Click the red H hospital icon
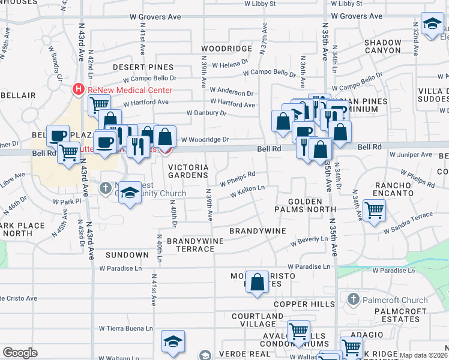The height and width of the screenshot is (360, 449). [78, 89]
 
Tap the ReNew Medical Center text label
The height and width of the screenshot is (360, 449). [130, 89]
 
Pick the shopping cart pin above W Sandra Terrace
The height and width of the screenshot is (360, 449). [374, 211]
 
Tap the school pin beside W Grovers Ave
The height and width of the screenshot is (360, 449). [431, 24]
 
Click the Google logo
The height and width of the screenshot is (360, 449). [20, 353]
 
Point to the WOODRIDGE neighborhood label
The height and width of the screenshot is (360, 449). [226, 48]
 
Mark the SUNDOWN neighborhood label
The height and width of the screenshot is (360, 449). [127, 255]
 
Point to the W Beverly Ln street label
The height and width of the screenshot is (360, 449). [310, 241]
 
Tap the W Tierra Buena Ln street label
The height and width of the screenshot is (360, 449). [125, 328]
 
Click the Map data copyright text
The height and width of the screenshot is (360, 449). [423, 355]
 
